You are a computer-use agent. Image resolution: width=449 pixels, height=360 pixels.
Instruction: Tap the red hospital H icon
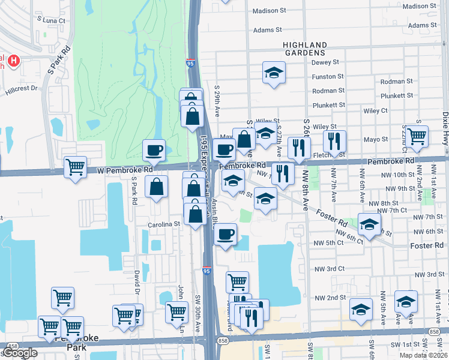click(13, 61)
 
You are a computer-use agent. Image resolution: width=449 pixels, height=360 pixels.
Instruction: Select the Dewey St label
click(325, 62)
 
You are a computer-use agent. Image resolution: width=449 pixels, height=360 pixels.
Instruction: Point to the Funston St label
click(327, 76)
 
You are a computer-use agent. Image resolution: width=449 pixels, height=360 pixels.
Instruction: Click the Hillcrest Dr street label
click(22, 88)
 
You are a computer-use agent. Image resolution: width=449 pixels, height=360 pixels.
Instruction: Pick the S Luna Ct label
click(50, 20)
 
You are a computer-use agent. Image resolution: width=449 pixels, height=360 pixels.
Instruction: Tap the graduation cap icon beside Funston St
click(274, 73)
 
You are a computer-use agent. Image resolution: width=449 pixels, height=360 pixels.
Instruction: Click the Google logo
click(19, 353)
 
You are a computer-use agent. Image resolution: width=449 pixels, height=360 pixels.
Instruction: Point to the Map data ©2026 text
click(423, 355)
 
